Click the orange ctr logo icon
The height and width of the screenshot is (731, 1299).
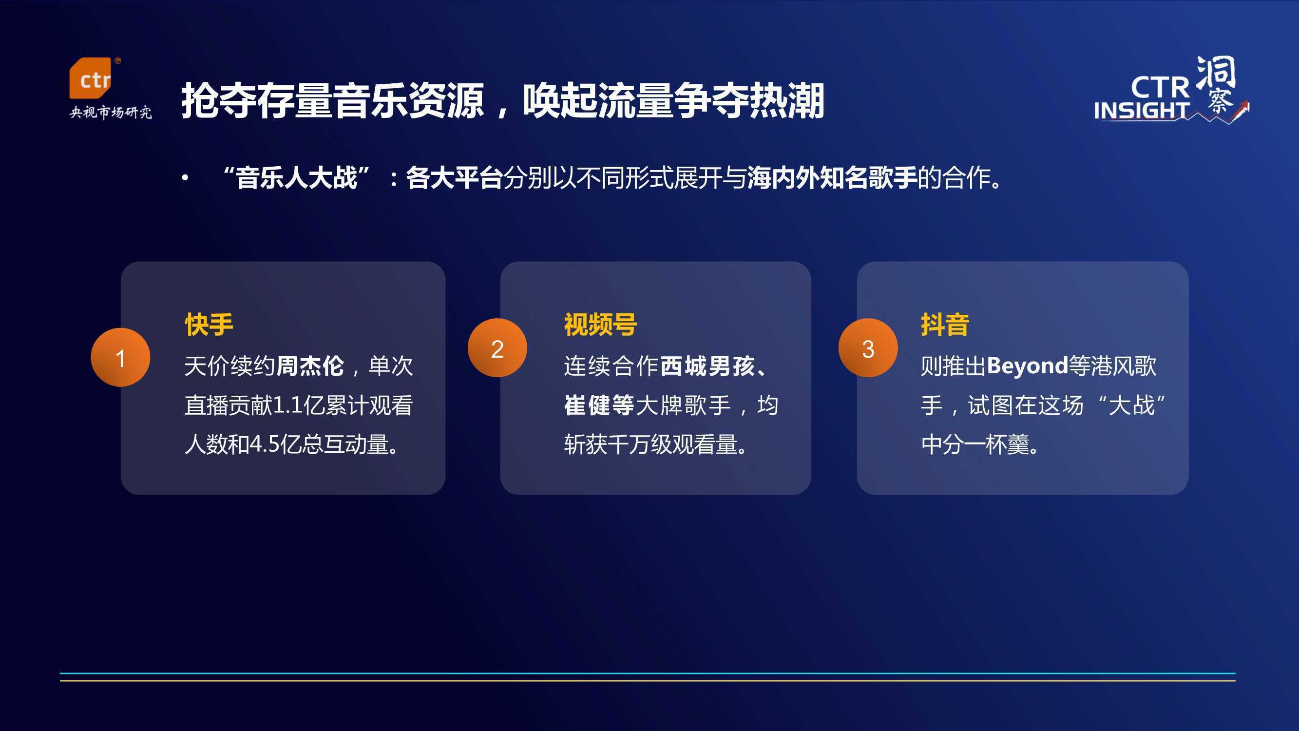point(90,78)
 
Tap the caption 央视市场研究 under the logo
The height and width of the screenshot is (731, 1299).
point(111,112)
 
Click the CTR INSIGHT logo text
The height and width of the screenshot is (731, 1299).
point(1142,98)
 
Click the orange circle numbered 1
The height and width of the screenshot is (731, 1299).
point(120,358)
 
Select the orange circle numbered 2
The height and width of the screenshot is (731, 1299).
point(497,348)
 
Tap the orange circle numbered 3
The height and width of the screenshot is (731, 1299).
point(868,348)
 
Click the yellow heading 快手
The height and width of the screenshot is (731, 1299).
point(209,325)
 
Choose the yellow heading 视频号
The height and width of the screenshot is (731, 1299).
point(600,325)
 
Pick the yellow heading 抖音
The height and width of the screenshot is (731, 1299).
point(944,325)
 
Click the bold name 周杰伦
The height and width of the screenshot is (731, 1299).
point(309,366)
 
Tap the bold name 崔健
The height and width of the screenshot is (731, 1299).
point(587,405)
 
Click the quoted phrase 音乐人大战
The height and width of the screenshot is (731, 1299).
point(296,177)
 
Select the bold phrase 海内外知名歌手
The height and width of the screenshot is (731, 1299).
point(832,177)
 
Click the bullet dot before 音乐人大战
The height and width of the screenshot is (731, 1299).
point(185,177)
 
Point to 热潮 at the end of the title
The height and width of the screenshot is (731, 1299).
point(787,101)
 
